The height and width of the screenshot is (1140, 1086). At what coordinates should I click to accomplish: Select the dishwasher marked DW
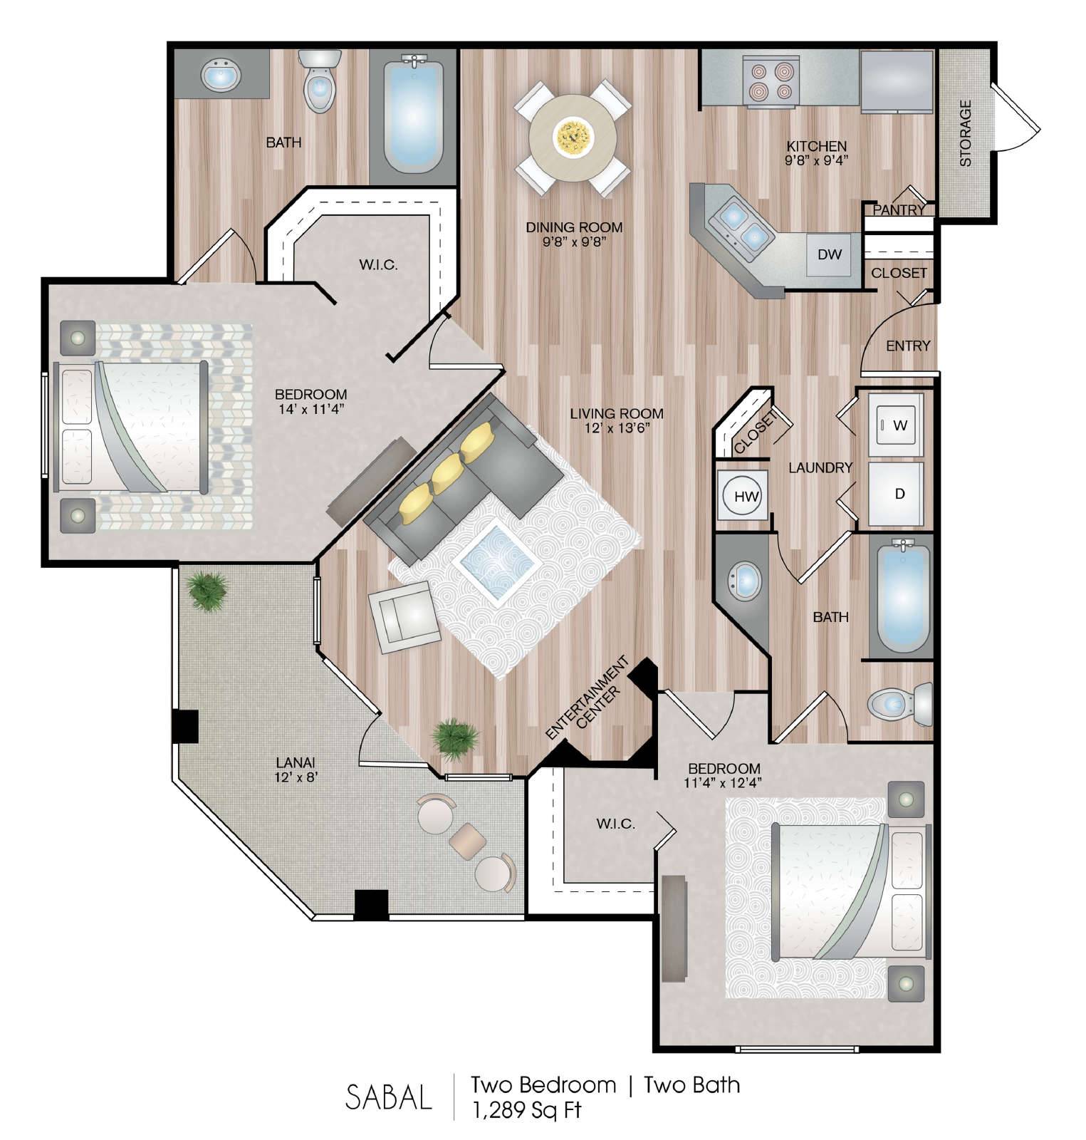tap(830, 254)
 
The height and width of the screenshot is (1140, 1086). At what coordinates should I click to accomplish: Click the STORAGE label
tap(966, 133)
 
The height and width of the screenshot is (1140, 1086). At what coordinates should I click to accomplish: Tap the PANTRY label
tap(899, 209)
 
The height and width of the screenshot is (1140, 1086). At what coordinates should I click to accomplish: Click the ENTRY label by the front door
tap(908, 346)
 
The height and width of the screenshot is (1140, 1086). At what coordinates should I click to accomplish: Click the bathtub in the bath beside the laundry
tap(902, 599)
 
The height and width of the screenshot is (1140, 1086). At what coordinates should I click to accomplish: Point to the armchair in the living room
tap(402, 616)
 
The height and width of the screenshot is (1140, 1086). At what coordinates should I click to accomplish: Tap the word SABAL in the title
tap(389, 1097)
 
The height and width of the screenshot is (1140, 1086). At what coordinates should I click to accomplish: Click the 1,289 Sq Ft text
tap(526, 1109)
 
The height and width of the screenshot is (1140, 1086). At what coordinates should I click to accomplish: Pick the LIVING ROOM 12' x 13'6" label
tap(617, 420)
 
